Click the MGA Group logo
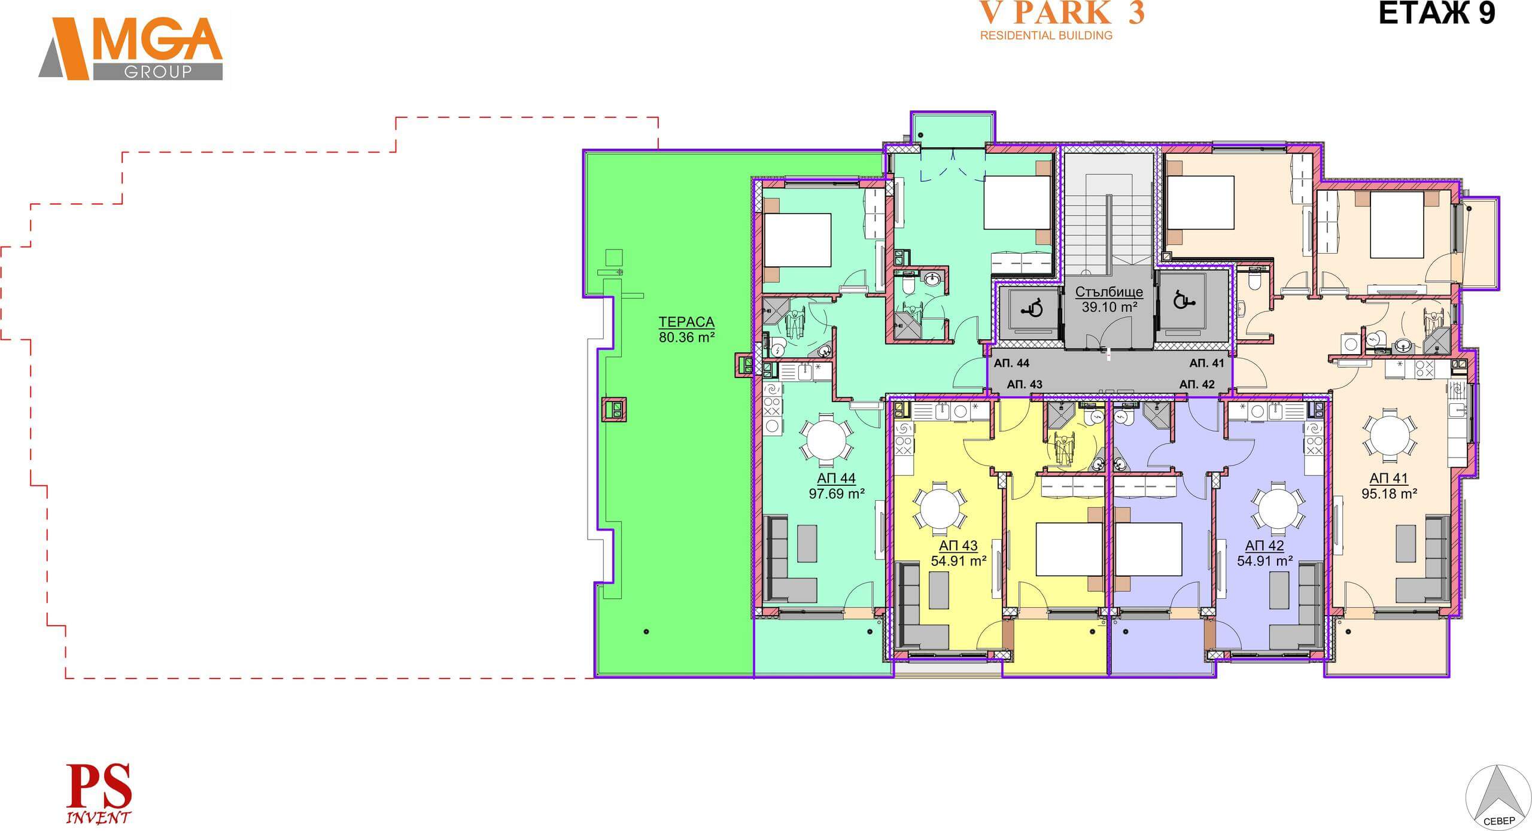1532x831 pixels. [130, 48]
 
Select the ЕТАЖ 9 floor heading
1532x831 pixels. [1436, 14]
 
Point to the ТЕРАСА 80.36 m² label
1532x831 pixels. [686, 330]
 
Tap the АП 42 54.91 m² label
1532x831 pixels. [1264, 553]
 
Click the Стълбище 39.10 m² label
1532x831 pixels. [1109, 300]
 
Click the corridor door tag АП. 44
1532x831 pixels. [1012, 363]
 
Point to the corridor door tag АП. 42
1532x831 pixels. [1197, 384]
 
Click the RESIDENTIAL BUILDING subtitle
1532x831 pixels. [1046, 35]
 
